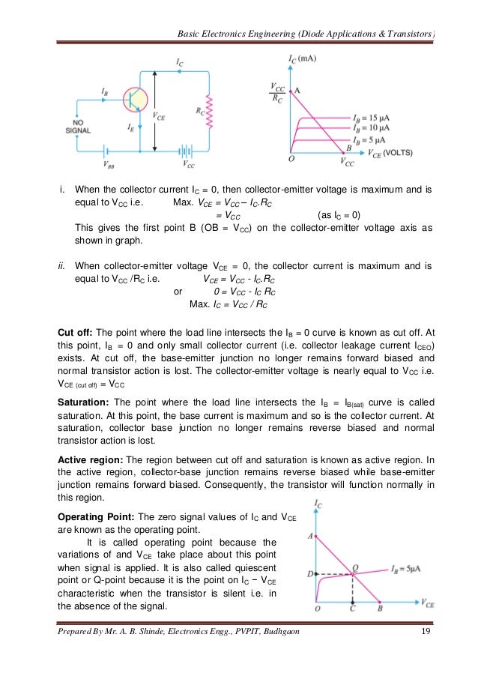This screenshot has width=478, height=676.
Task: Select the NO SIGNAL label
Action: click(78, 125)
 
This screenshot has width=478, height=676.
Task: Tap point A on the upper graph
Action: click(297, 89)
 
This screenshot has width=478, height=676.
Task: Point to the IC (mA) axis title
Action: click(303, 58)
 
